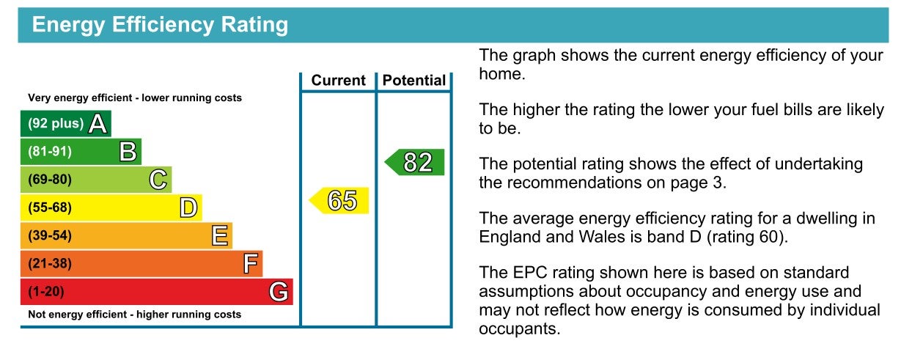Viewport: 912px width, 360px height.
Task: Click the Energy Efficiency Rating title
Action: coord(160,25)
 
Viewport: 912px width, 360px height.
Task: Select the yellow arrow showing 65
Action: coord(339,200)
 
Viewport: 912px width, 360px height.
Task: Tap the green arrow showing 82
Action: coord(414,162)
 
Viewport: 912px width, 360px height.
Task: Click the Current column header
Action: coord(339,80)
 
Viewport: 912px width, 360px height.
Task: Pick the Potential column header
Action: coord(414,80)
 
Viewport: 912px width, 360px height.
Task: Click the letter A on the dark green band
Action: coord(98,123)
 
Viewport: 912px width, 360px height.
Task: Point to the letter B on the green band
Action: coord(128,152)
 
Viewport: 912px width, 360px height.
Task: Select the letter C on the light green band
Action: coord(158,179)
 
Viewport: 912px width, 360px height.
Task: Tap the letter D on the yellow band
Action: coord(189,207)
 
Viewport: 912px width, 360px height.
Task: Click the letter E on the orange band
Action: coord(220,235)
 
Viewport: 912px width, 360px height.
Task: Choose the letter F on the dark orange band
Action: coord(251,263)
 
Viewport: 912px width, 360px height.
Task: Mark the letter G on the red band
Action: coord(279,292)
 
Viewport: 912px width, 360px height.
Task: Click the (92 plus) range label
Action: coord(56,123)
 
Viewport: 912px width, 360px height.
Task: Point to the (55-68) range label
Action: coord(50,207)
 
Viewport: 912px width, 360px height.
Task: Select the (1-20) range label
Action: coord(46,292)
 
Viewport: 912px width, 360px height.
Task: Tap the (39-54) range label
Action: coord(50,235)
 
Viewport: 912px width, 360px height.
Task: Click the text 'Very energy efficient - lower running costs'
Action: coord(135,98)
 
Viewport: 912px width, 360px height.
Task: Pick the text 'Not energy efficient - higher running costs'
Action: coord(134,315)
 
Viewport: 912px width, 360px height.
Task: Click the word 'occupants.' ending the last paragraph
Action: coord(520,329)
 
